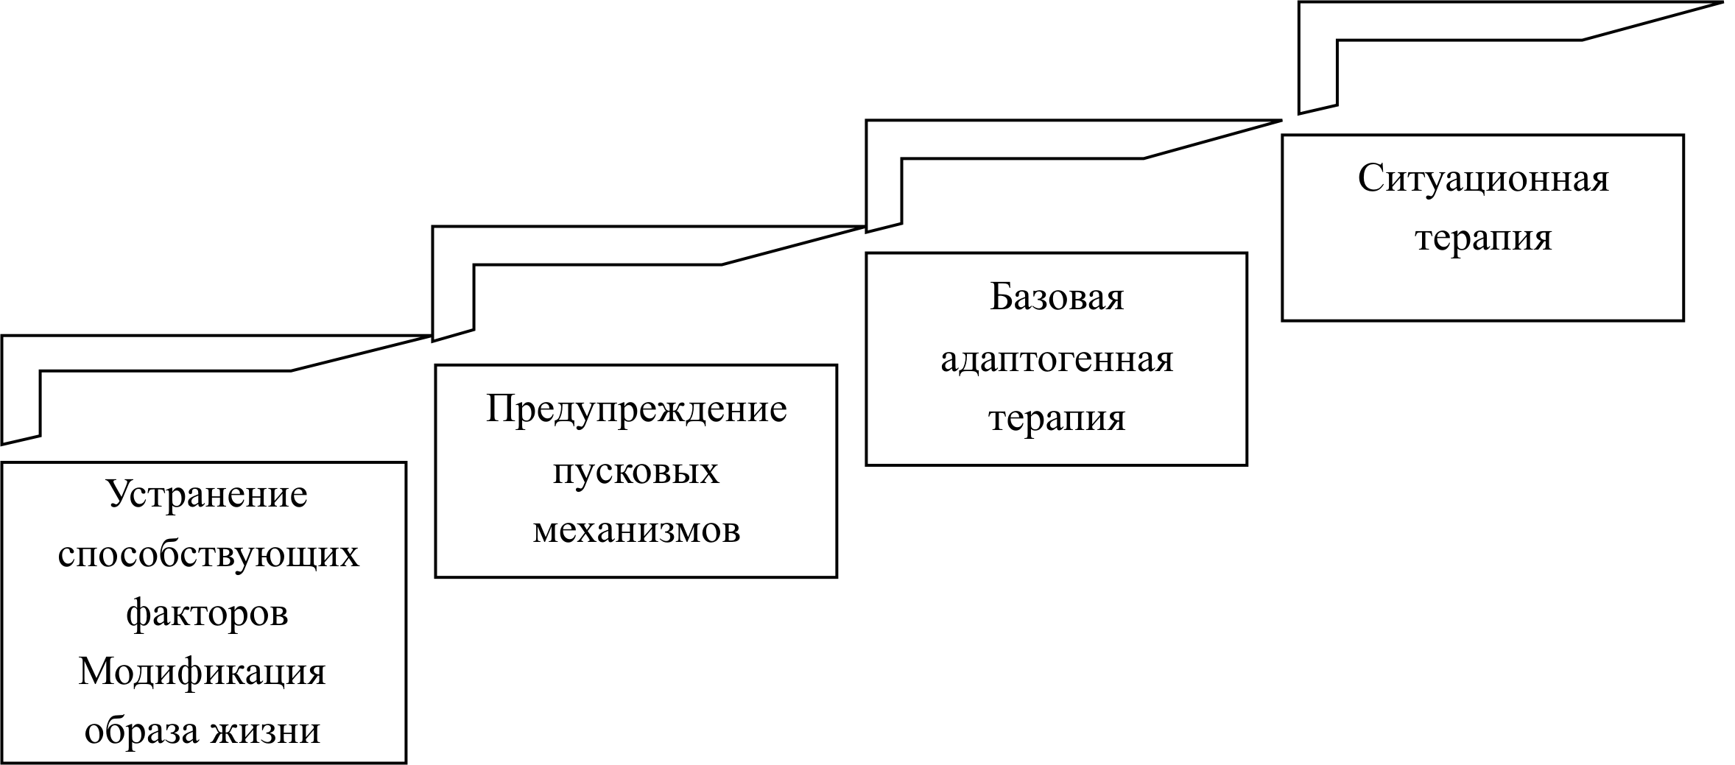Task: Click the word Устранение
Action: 208,494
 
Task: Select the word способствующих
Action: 208,554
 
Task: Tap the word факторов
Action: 207,613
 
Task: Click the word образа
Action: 141,731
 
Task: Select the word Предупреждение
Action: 636,409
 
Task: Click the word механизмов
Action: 636,529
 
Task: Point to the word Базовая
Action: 1056,297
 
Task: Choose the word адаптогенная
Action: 1056,359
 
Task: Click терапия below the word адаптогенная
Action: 1056,418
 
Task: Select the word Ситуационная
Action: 1483,179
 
